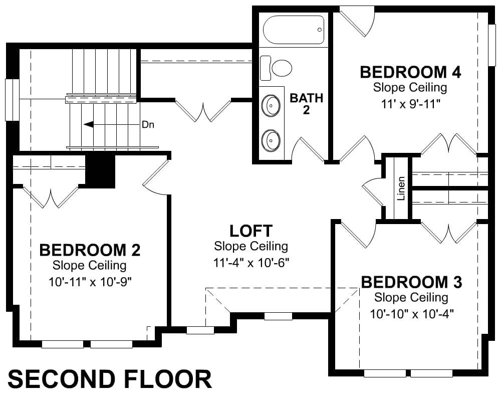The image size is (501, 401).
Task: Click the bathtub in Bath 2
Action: [293, 30]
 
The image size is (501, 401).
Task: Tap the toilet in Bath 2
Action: [276, 68]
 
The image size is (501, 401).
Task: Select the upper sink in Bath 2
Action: [271, 105]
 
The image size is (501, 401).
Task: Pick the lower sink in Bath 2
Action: [271, 140]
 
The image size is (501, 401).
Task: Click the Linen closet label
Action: [401, 188]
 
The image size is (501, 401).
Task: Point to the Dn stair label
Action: [148, 125]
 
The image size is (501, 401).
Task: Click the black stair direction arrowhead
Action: [89, 124]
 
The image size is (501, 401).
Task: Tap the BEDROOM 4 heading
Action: [411, 72]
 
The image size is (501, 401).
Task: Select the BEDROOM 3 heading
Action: [411, 282]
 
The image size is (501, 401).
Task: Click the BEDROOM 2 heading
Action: [90, 250]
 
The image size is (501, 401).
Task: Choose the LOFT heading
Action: [251, 231]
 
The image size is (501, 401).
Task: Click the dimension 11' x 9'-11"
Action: [411, 104]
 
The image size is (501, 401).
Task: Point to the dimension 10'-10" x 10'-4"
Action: [412, 314]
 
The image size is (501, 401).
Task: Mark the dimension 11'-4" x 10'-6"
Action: [251, 263]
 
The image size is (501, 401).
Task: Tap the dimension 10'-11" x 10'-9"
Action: [90, 282]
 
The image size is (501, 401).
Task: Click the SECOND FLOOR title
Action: [110, 379]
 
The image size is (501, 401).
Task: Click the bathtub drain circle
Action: [320, 30]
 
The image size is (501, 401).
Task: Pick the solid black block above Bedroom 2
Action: [100, 171]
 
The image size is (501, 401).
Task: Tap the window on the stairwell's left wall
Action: [12, 100]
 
